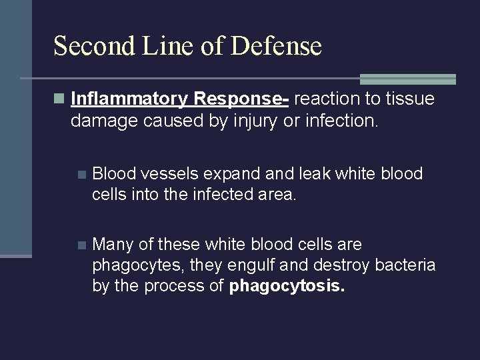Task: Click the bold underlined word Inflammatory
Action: click(x=130, y=99)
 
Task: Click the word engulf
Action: click(x=253, y=266)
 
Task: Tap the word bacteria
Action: click(x=405, y=266)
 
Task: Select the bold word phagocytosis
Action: click(x=287, y=287)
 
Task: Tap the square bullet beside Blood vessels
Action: click(x=81, y=175)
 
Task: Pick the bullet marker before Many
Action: click(x=81, y=245)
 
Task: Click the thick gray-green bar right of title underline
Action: click(x=407, y=79)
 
